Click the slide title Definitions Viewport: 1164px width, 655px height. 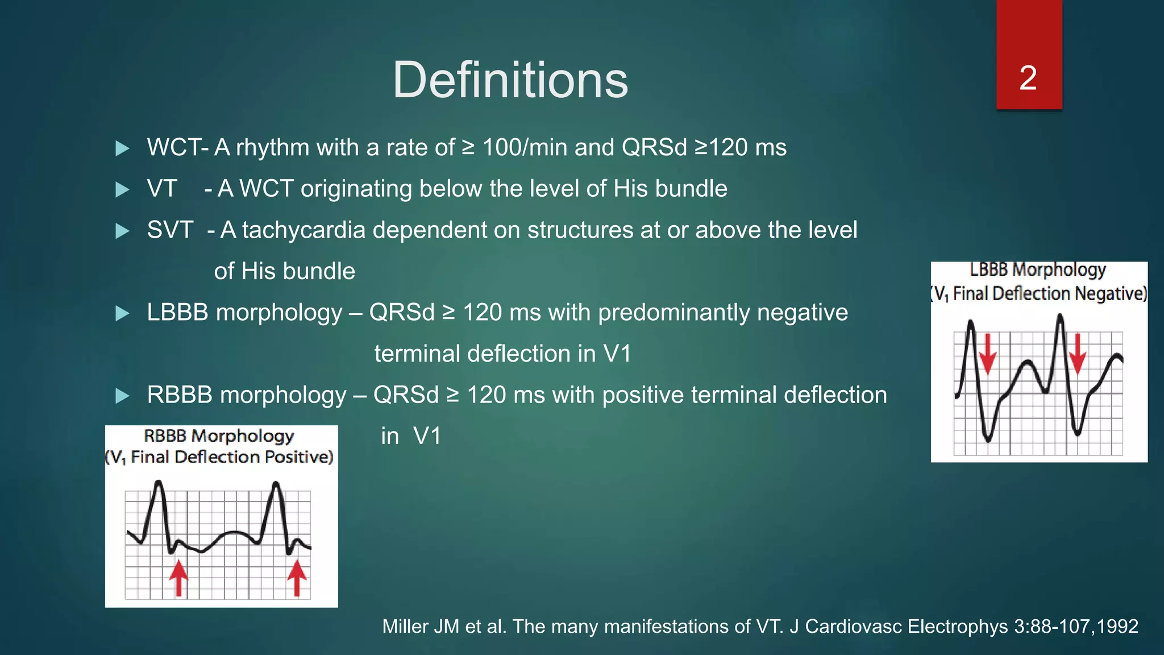[510, 80]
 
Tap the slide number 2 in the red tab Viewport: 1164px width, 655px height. [1028, 78]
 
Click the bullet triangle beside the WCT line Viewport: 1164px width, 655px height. [122, 148]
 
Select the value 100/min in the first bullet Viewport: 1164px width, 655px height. [524, 147]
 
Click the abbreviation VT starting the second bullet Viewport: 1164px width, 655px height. [162, 189]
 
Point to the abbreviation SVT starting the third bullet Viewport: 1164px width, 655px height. [170, 230]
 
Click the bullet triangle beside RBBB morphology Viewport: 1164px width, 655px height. [122, 396]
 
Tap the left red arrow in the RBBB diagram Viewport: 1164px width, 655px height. [178, 577]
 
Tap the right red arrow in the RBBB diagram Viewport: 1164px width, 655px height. [297, 577]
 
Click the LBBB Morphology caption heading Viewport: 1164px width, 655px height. [1038, 270]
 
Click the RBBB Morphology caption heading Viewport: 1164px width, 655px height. [219, 436]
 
